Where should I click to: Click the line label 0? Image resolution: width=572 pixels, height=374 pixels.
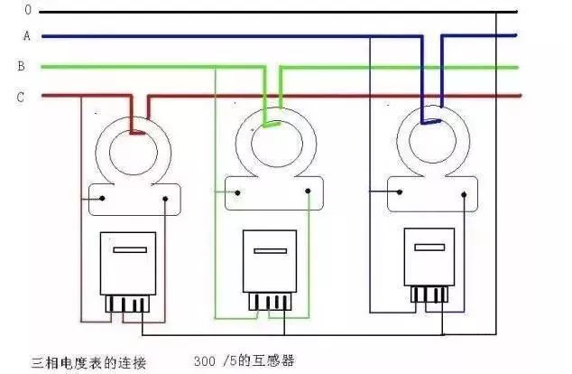[28, 10]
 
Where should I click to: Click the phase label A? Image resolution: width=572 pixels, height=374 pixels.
[27, 37]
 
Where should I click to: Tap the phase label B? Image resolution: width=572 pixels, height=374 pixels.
[21, 66]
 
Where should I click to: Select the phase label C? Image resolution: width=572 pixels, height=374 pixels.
[20, 96]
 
